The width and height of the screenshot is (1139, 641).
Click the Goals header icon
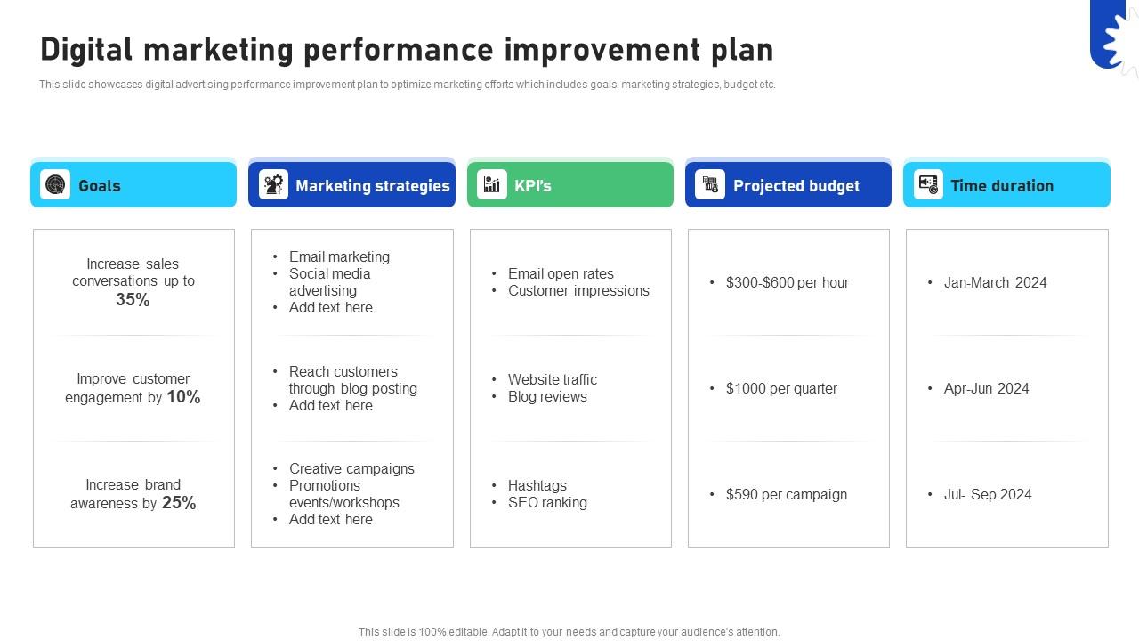click(x=55, y=185)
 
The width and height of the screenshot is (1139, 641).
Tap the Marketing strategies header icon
click(x=273, y=185)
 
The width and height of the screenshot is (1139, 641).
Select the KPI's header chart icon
click(x=491, y=185)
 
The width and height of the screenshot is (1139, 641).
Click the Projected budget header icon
click(x=710, y=185)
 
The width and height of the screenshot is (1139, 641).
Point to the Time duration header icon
click(x=928, y=185)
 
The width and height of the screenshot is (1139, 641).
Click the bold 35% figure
click(x=133, y=300)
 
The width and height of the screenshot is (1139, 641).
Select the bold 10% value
click(x=183, y=397)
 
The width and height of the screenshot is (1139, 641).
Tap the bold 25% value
click(x=179, y=503)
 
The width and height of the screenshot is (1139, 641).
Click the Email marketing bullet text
click(x=339, y=256)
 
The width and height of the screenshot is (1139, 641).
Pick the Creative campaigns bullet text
click(x=351, y=468)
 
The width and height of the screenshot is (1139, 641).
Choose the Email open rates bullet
click(x=561, y=273)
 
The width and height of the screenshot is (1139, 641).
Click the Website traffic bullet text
click(x=552, y=379)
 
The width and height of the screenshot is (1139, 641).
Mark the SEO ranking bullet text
click(x=547, y=502)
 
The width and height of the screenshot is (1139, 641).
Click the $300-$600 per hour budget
click(x=787, y=282)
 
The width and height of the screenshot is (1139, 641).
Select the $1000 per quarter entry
click(x=781, y=388)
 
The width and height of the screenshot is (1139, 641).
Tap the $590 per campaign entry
click(x=786, y=494)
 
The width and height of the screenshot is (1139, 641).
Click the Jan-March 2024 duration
click(x=995, y=282)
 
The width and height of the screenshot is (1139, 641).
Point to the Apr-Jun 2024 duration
click(x=986, y=388)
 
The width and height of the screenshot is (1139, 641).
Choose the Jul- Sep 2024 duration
click(x=988, y=494)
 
